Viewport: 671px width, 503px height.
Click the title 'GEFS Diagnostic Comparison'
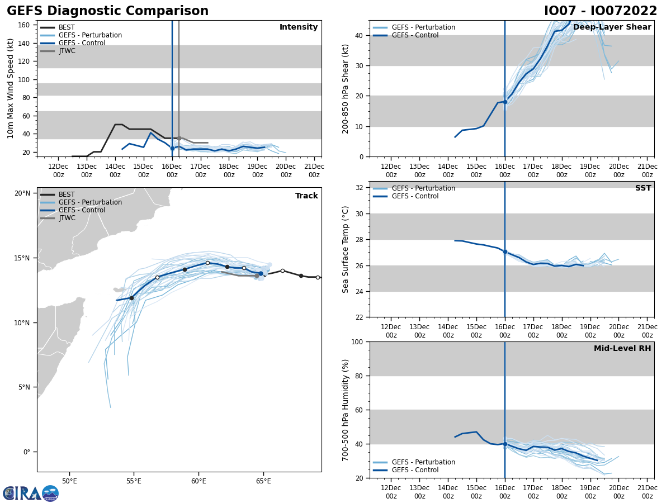tap(107, 11)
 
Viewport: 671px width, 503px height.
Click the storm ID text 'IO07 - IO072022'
tap(601, 11)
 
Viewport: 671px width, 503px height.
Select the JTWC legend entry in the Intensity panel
tap(67, 51)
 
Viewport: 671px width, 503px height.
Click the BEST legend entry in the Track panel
tap(67, 194)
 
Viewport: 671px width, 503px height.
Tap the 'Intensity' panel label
tap(299, 27)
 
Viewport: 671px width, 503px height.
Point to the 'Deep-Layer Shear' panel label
tap(612, 27)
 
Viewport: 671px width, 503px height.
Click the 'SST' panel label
tap(643, 188)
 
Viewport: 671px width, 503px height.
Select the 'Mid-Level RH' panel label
tap(622, 349)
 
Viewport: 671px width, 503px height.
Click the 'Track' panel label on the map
tap(306, 196)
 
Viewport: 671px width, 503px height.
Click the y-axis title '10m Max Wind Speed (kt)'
tap(11, 88)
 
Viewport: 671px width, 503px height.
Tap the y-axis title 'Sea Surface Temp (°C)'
tap(346, 249)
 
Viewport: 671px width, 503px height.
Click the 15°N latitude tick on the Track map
tap(22, 258)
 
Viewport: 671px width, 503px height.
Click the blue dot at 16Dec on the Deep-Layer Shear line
tap(505, 102)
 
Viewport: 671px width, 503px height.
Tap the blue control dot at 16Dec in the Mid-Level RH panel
tap(505, 444)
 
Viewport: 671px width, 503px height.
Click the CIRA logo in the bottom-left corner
tap(30, 493)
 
